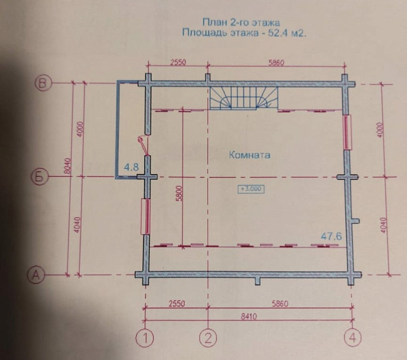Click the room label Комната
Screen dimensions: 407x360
pyautogui.click(x=250, y=155)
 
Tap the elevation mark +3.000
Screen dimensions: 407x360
pyautogui.click(x=251, y=189)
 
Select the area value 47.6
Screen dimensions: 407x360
pyautogui.click(x=331, y=236)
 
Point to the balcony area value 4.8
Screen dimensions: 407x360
pyautogui.click(x=131, y=167)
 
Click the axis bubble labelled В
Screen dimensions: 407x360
pyautogui.click(x=43, y=83)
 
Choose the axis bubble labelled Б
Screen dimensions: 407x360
pyautogui.click(x=40, y=178)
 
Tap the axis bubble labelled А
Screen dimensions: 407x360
pyautogui.click(x=36, y=275)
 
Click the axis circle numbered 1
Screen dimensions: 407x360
pyautogui.click(x=145, y=338)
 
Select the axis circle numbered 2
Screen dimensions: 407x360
pyautogui.click(x=208, y=338)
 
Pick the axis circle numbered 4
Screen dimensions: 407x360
pyautogui.click(x=353, y=338)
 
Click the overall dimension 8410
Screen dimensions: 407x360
pyautogui.click(x=249, y=316)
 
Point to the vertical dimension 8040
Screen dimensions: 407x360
pyautogui.click(x=67, y=166)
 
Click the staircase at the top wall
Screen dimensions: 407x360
pyautogui.click(x=244, y=98)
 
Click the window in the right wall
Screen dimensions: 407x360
pyautogui.click(x=348, y=132)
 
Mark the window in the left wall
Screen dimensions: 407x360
pyautogui.click(x=145, y=217)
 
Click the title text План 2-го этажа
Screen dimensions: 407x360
pyautogui.click(x=241, y=23)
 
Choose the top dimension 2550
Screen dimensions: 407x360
pyautogui.click(x=178, y=62)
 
